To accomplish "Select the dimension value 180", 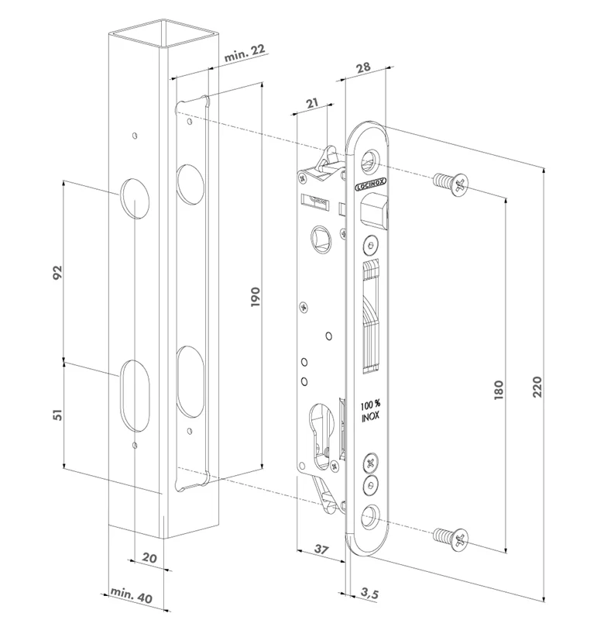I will pyautogui.click(x=499, y=390).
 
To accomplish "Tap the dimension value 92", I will pyautogui.click(x=57, y=274).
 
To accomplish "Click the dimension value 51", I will pyautogui.click(x=57, y=414).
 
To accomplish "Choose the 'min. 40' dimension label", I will pyautogui.click(x=129, y=596).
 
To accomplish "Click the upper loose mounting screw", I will pyautogui.click(x=451, y=182).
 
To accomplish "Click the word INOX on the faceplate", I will pyautogui.click(x=369, y=418).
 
